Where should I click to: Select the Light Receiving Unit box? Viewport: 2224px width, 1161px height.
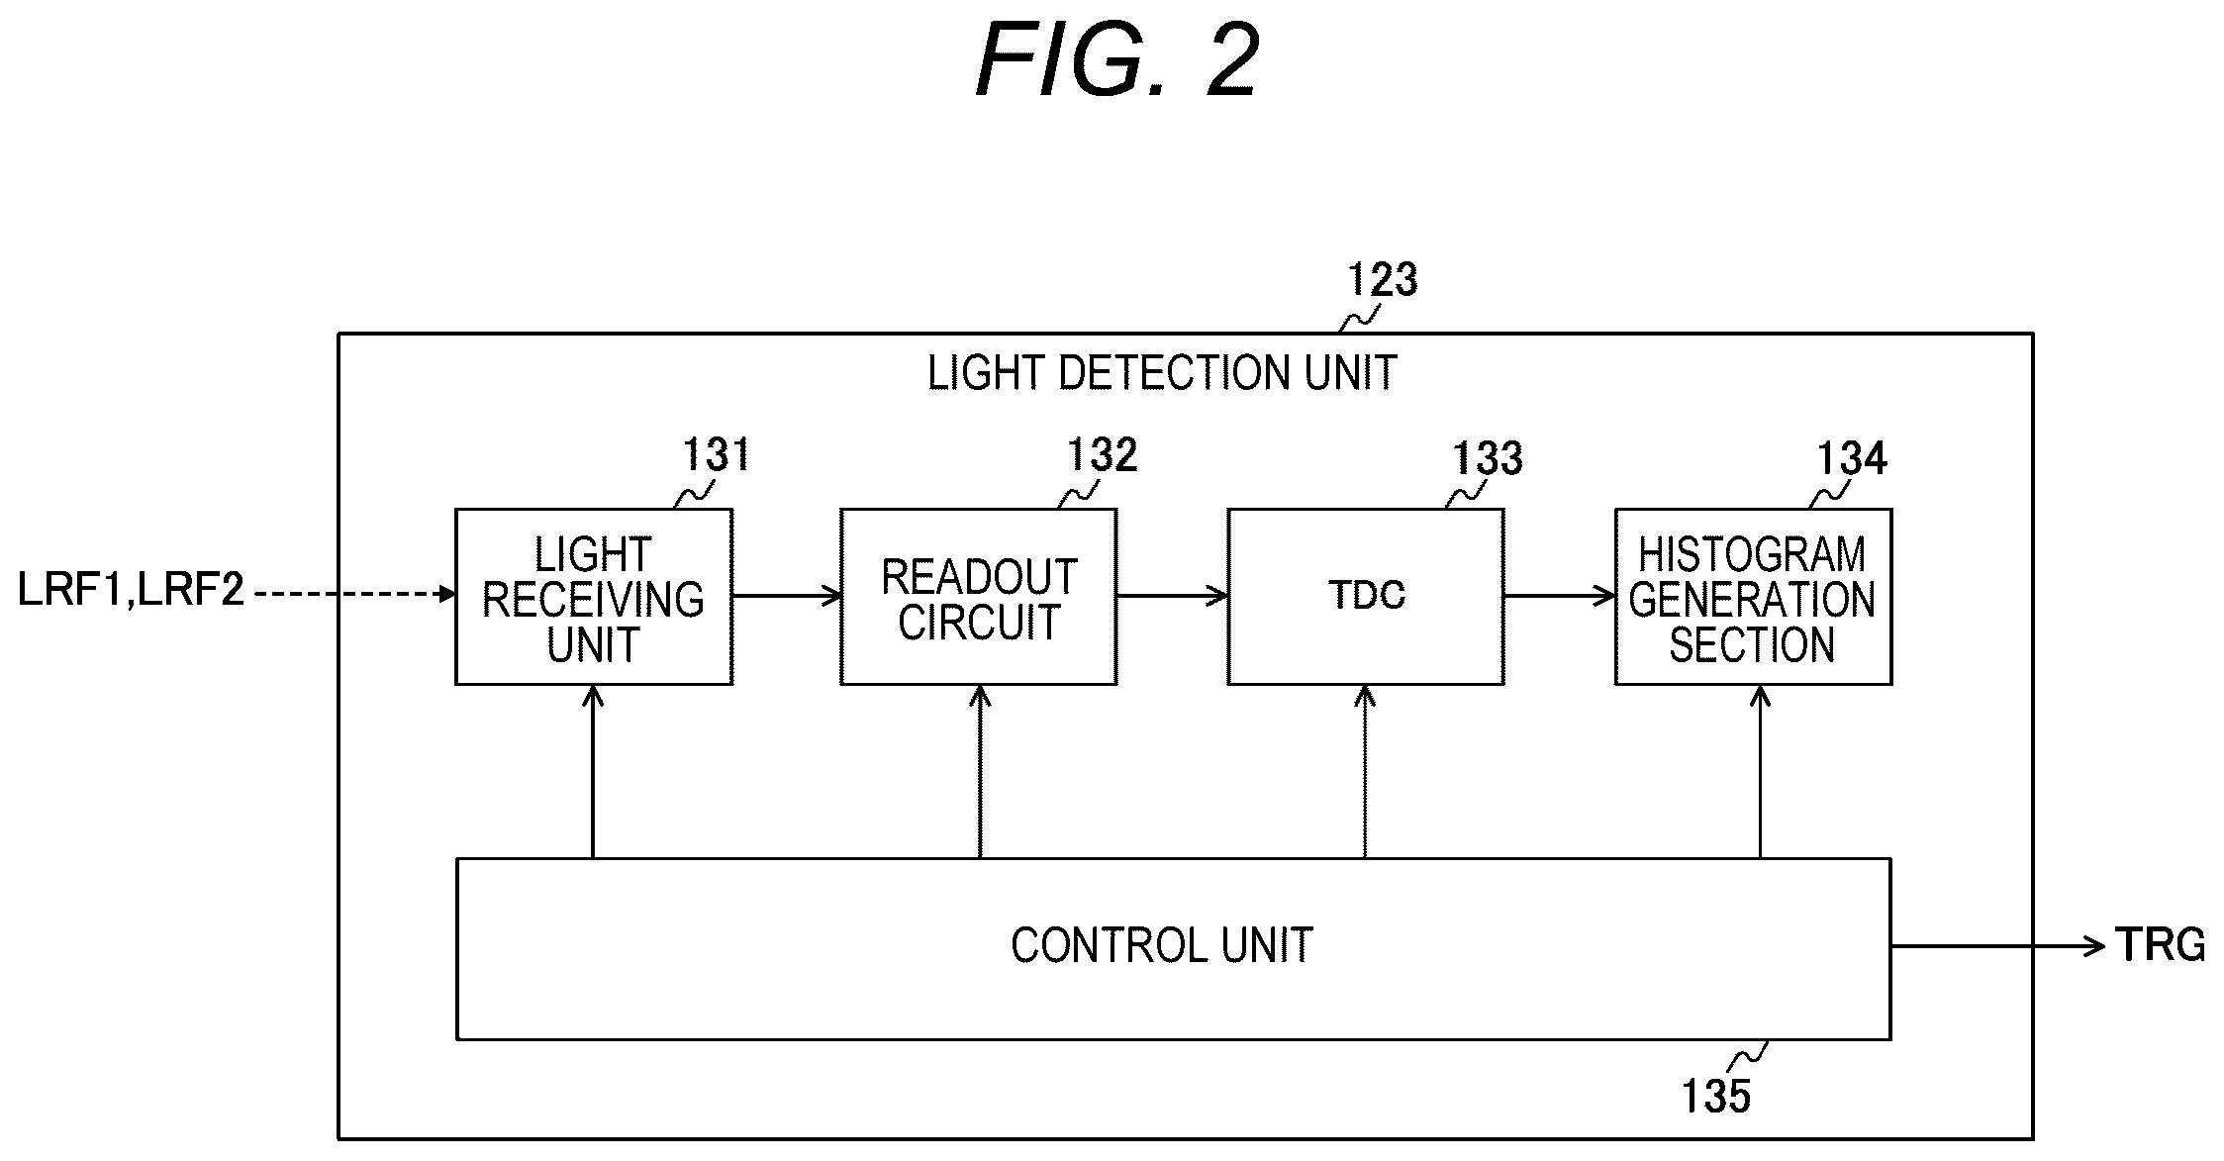(x=594, y=597)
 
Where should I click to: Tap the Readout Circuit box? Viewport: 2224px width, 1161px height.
(x=979, y=597)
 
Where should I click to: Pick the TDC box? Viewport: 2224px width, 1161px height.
(x=1366, y=597)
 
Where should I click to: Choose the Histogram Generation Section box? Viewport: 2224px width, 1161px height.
(x=1753, y=597)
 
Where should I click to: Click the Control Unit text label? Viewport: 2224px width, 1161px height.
(x=1162, y=946)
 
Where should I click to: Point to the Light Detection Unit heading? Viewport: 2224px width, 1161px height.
(x=1162, y=373)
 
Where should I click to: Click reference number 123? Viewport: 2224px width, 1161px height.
(x=1383, y=280)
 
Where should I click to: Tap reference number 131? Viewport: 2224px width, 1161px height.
(x=718, y=455)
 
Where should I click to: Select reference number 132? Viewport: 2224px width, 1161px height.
(x=1102, y=455)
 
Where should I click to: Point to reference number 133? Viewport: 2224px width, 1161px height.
(x=1488, y=458)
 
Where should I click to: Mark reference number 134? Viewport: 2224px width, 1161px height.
(x=1852, y=458)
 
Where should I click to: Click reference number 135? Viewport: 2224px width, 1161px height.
(x=1716, y=1097)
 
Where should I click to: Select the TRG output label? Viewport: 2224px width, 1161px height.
(x=2161, y=945)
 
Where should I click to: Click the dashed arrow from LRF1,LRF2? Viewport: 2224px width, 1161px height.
(x=355, y=594)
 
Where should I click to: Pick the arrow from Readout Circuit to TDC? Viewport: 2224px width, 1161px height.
(x=1173, y=596)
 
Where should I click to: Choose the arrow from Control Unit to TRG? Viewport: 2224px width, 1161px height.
(x=1997, y=946)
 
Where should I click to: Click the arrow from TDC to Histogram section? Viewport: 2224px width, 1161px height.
(x=1560, y=596)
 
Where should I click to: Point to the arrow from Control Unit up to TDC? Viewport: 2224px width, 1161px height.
(x=1365, y=772)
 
